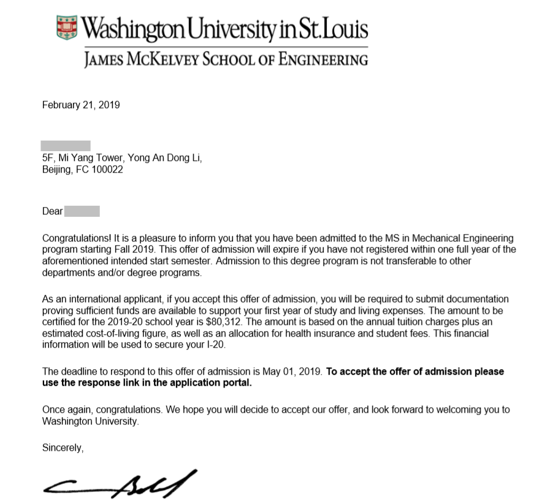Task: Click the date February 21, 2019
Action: tap(81, 105)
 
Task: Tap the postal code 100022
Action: tap(107, 170)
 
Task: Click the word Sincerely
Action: tap(63, 448)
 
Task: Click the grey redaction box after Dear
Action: tap(82, 211)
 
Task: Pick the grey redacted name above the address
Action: tap(66, 146)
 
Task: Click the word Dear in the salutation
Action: tap(52, 211)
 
